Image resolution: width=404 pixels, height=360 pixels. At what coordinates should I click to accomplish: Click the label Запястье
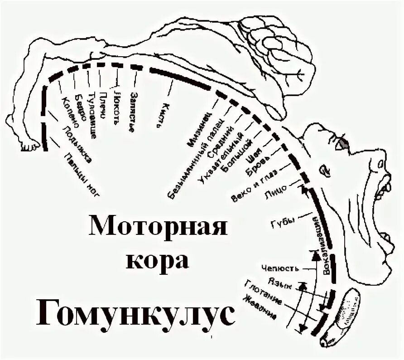(132, 111)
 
